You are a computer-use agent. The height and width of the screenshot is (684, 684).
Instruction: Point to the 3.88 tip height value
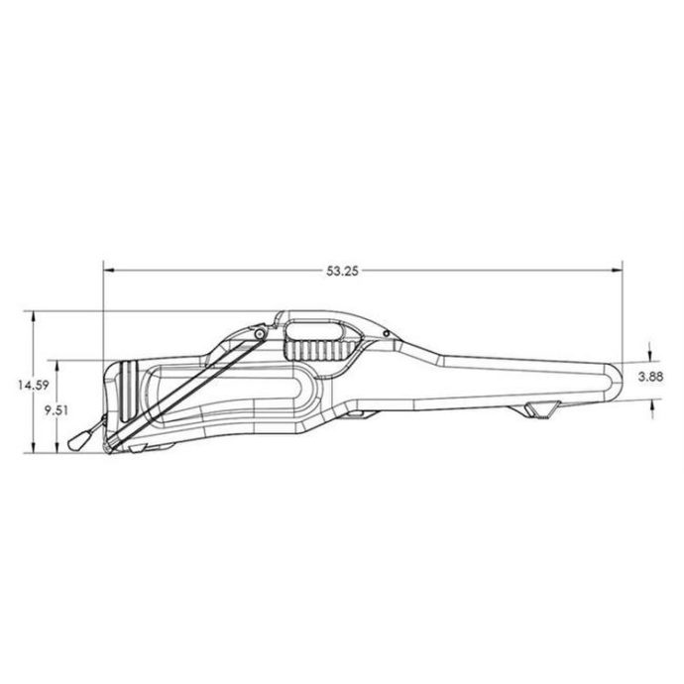pyautogui.click(x=649, y=376)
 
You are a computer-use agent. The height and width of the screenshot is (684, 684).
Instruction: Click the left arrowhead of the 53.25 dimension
pyautogui.click(x=108, y=268)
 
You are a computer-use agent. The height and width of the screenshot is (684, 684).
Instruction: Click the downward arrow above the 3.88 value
pyautogui.click(x=649, y=357)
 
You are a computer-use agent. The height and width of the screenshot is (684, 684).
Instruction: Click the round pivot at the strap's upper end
pyautogui.click(x=257, y=335)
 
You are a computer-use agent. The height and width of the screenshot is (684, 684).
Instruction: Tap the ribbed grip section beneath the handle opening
pyautogui.click(x=309, y=348)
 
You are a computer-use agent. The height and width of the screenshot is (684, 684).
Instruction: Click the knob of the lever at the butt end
pyautogui.click(x=78, y=441)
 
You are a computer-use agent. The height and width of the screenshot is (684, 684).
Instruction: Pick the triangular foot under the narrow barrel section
pyautogui.click(x=540, y=409)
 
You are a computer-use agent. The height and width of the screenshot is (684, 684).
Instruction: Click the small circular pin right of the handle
pyautogui.click(x=385, y=337)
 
